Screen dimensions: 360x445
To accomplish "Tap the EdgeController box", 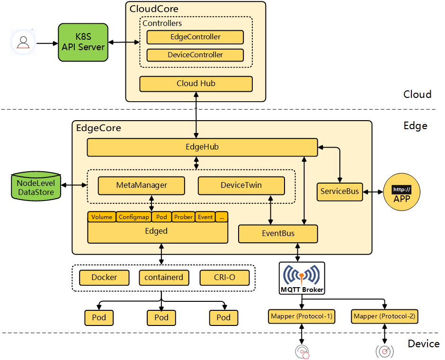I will coord(195,37).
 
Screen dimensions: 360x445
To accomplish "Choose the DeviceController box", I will coord(195,55).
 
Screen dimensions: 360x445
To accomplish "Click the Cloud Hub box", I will coord(196,84).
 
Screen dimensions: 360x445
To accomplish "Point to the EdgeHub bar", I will coord(202,147).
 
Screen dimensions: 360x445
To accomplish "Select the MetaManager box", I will coord(141,185).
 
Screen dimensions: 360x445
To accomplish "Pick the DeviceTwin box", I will coord(241,185).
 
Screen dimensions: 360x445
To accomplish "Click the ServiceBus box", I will coord(339,192).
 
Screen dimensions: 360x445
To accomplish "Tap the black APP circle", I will coord(401,193).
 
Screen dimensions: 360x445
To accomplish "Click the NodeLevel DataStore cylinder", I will coord(36,187).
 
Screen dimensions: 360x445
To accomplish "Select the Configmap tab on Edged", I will coord(134,217).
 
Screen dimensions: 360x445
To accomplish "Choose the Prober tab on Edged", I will coord(183,217).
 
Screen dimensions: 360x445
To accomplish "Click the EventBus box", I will coord(278,234).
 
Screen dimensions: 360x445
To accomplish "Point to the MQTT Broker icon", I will coord(302,278).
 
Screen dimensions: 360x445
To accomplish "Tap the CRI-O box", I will coord(224,278).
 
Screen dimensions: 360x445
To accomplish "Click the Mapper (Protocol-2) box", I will coord(384,316).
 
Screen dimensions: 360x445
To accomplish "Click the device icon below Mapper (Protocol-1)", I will coord(302,351).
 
